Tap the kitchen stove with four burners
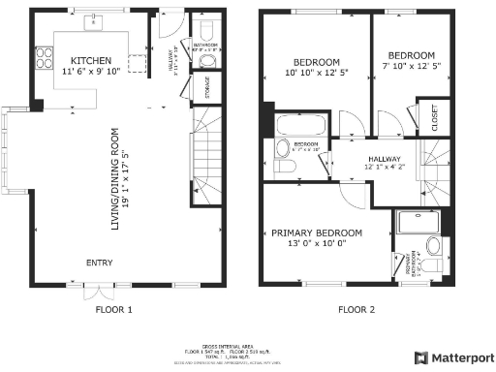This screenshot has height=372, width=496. tap(44, 58)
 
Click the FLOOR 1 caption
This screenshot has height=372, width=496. tap(113, 310)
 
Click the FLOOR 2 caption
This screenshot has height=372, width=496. tap(356, 310)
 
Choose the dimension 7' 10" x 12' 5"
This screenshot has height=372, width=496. tap(411, 67)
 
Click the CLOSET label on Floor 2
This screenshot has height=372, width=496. tap(433, 116)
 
